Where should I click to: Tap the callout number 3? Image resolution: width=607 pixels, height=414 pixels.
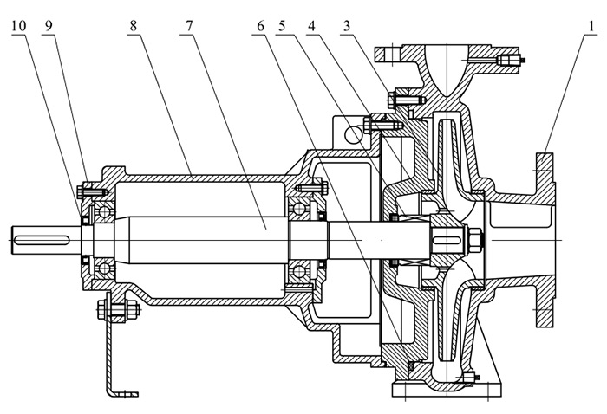(x=347, y=26)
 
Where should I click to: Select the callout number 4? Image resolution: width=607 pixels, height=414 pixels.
(x=311, y=26)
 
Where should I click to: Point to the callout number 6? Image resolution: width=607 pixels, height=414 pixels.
(x=258, y=26)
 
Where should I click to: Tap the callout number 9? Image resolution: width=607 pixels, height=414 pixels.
(x=49, y=26)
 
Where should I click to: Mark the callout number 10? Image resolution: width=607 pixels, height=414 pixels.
(x=19, y=26)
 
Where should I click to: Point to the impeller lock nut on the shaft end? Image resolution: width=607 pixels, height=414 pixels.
(x=476, y=235)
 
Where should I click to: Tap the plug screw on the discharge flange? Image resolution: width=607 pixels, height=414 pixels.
(x=510, y=61)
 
